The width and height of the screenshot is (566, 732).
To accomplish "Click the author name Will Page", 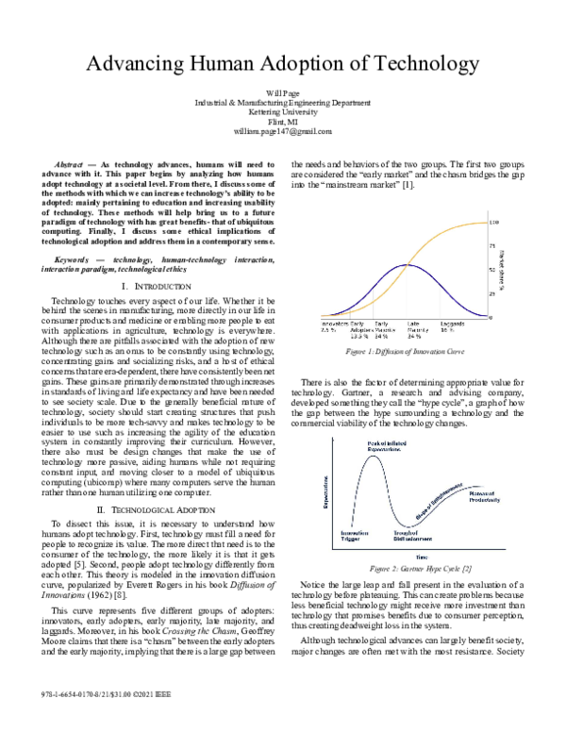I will (x=282, y=91).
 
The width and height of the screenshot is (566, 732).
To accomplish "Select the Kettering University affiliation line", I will (x=282, y=112).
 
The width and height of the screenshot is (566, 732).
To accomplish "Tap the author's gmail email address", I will (x=282, y=133).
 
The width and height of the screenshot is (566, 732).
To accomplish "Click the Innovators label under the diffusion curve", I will (x=336, y=324).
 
